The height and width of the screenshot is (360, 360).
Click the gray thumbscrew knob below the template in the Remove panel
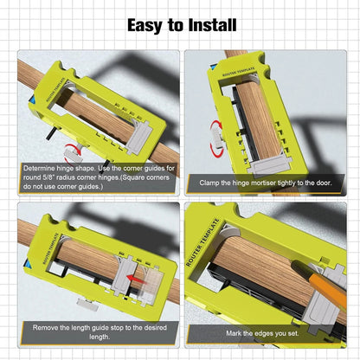(x=86, y=305)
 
